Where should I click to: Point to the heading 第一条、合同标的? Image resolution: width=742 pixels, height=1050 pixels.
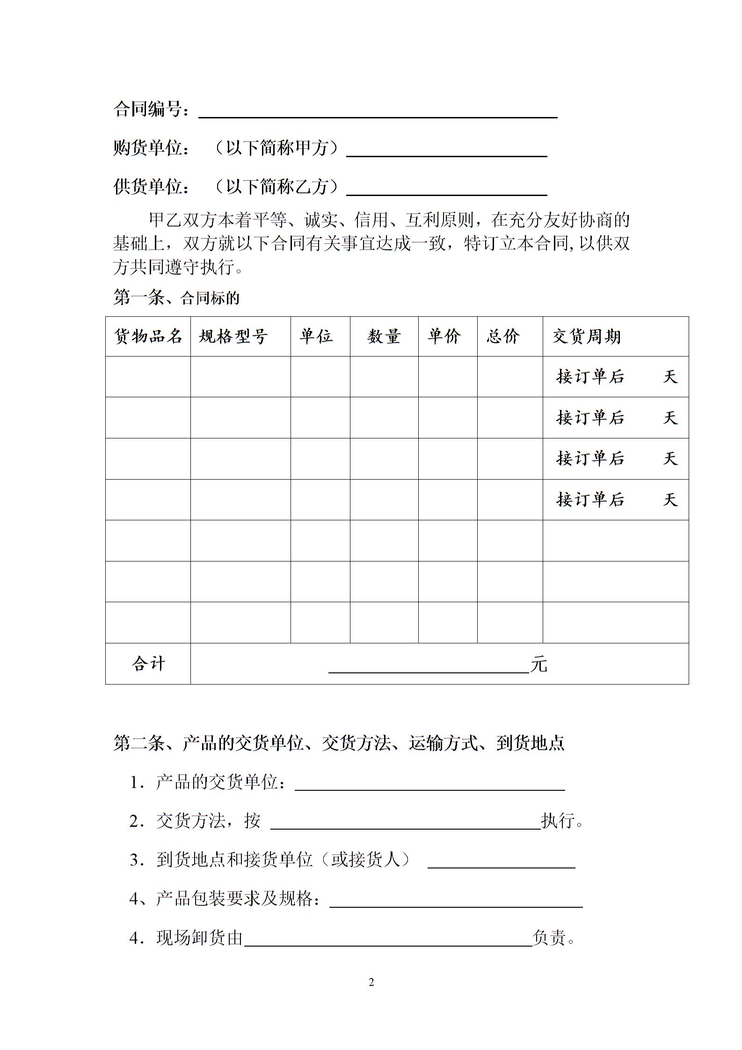pos(176,298)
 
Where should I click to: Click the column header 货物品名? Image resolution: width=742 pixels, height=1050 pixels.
pos(148,336)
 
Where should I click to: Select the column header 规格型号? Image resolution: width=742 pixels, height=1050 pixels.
pos(233,336)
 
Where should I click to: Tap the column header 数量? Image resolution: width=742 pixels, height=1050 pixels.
pos(384,336)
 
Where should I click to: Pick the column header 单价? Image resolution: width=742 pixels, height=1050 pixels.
pos(444,336)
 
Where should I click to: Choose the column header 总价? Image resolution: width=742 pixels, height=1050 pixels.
pos(503,336)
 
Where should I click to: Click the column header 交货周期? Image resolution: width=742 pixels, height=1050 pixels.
pos(586,336)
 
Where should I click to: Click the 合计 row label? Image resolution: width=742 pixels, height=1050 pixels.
pos(148,664)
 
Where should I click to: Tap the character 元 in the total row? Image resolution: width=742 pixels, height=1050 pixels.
pos(538,664)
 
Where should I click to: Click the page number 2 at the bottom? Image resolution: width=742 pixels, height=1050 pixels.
pos(371,983)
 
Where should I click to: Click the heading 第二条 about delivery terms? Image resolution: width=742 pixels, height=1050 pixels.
pos(339,743)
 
